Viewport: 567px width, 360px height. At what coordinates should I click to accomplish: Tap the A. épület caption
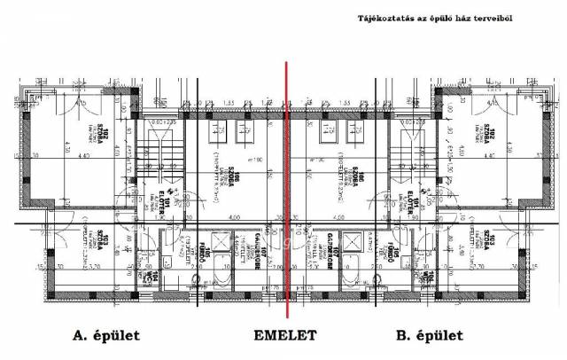104,336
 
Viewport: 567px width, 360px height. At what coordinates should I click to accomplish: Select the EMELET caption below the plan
285,336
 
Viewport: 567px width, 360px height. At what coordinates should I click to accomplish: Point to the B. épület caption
428,336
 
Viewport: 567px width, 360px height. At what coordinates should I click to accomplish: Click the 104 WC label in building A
153,280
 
